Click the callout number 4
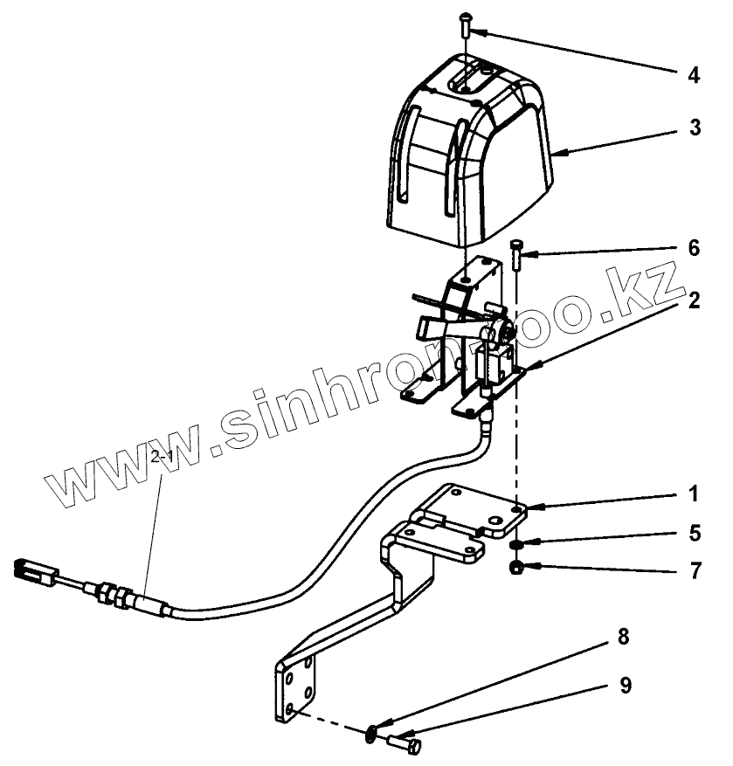(693, 74)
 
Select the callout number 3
(693, 128)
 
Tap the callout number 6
(693, 248)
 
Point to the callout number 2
(693, 301)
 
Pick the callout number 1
(693, 494)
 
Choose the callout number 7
(693, 573)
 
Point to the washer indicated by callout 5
(516, 544)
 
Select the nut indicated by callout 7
(516, 569)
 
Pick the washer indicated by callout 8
(374, 733)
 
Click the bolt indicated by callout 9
(405, 743)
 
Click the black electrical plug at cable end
(30, 572)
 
